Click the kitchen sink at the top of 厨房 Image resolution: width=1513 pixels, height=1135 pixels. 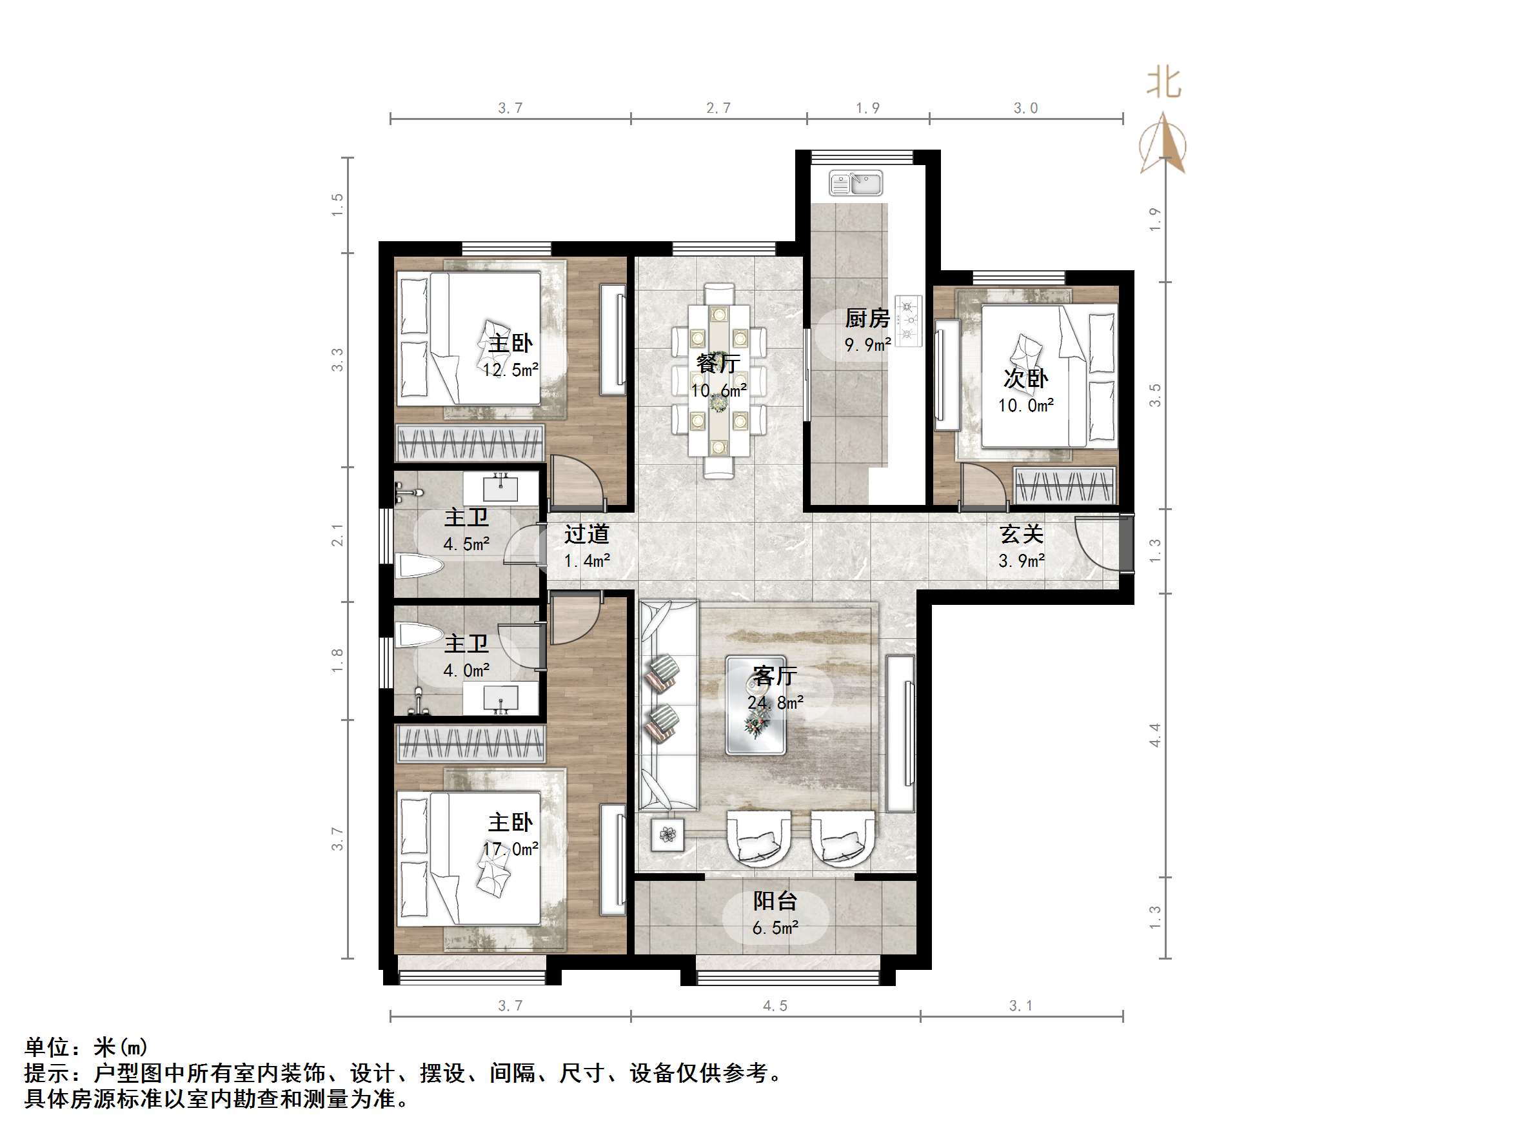856,183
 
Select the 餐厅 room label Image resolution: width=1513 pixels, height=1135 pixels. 718,363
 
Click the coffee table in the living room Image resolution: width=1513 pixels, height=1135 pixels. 755,705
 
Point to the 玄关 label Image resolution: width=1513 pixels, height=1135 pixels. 1020,533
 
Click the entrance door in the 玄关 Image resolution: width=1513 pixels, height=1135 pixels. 1098,542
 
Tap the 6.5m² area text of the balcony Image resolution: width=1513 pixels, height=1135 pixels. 775,929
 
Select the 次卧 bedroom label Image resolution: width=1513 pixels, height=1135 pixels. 1025,379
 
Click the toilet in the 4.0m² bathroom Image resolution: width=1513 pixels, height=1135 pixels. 419,635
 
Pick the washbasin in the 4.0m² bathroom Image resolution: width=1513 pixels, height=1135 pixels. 500,699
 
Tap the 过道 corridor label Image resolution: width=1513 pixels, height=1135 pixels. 586,533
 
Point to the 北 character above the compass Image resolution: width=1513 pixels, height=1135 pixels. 1163,83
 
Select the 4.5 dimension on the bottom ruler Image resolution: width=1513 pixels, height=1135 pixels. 775,1005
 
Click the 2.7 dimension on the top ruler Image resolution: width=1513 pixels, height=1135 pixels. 718,108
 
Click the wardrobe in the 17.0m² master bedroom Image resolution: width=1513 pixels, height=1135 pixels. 471,744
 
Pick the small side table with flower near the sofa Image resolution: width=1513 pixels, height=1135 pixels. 667,834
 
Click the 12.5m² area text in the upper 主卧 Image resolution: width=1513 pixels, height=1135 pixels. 510,370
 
